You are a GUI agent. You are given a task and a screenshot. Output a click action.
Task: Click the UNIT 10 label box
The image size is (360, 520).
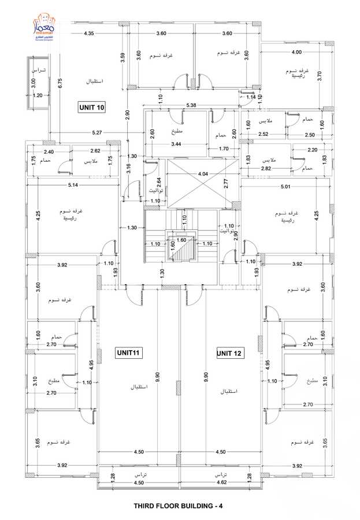pos(92,107)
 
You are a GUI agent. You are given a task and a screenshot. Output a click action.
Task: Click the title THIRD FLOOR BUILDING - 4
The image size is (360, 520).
pos(178,506)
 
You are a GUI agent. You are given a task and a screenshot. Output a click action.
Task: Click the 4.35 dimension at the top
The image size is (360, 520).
pos(88,34)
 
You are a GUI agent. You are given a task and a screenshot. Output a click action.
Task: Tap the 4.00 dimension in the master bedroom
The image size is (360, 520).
pos(296,53)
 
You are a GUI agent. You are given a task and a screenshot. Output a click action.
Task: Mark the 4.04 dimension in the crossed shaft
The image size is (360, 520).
pos(203,173)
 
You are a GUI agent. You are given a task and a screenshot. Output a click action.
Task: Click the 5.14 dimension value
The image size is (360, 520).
pos(73,185)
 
